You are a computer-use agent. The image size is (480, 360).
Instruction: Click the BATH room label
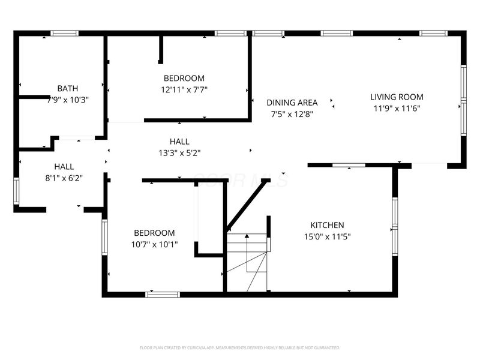point(68,88)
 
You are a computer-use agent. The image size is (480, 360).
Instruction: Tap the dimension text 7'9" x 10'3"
point(68,100)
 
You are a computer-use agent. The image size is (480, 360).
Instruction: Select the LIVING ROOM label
point(397,97)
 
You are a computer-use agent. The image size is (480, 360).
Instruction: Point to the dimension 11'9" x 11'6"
point(397,108)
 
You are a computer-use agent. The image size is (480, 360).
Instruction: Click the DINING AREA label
point(292,102)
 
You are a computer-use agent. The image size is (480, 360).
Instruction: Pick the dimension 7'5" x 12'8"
point(292,113)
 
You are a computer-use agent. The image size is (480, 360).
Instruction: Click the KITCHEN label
point(327,224)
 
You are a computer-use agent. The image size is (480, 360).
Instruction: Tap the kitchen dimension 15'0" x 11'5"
point(327,236)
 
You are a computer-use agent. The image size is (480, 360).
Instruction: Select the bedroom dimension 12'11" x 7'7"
point(184,90)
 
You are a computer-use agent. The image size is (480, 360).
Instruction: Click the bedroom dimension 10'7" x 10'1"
point(154,244)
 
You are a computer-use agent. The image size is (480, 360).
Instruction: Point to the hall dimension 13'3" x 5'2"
point(179,152)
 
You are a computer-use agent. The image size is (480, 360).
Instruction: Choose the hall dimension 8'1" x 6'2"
point(64,178)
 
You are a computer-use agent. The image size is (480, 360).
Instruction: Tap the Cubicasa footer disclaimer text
point(240,347)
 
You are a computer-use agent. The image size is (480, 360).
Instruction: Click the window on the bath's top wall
point(64,33)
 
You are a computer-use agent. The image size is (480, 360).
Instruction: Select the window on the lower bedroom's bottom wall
point(163,294)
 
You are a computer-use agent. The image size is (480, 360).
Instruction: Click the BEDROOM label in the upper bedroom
point(184,78)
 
